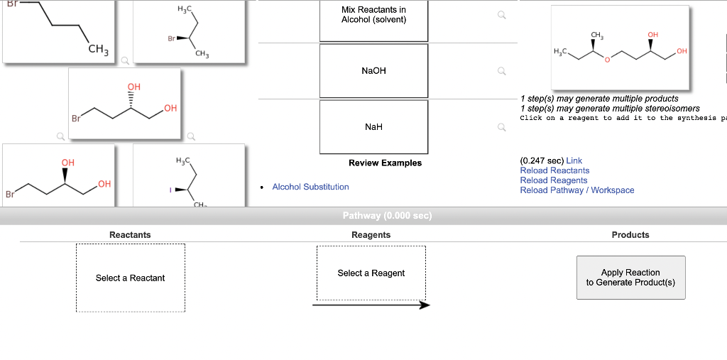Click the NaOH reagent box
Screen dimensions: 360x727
373,71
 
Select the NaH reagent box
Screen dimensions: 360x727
373,127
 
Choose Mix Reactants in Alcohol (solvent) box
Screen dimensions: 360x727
373,20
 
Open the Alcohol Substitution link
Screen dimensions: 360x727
310,187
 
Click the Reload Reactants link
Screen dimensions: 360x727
554,170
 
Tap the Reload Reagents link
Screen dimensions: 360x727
554,180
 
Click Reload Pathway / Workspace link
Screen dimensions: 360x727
577,190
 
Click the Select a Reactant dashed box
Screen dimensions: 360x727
130,278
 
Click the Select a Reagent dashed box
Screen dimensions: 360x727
371,273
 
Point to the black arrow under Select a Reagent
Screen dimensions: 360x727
371,305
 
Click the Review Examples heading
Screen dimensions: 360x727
385,163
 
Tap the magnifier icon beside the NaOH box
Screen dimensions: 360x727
502,71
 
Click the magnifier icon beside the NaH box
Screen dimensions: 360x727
502,128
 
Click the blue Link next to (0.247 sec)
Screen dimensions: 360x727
574,160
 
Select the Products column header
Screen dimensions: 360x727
630,235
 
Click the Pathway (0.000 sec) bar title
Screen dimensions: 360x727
387,216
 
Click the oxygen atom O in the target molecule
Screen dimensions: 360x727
607,60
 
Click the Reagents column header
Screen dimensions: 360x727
371,235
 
